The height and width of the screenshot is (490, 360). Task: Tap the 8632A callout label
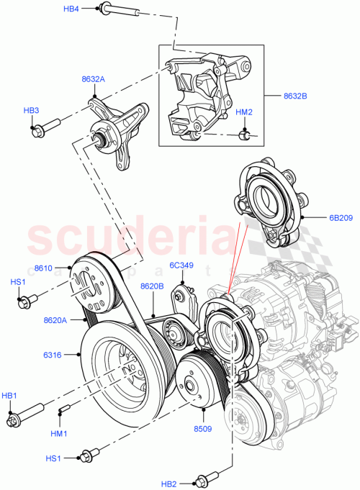[93, 80]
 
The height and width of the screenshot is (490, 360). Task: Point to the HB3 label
[31, 110]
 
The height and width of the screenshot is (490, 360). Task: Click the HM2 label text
[244, 112]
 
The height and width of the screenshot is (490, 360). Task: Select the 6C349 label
[181, 266]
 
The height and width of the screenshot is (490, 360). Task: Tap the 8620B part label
[152, 286]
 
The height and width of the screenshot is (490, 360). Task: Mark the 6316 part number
[53, 355]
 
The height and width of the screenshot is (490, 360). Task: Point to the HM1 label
[60, 434]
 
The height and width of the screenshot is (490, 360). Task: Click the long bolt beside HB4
[119, 11]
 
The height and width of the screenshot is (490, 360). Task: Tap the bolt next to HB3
[44, 130]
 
